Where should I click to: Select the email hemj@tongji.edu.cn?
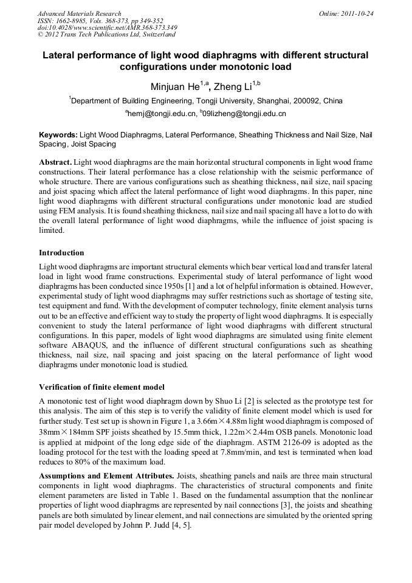(x=162, y=114)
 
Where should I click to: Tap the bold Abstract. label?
(x=56, y=163)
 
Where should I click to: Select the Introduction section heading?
(x=61, y=252)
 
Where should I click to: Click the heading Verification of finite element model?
(x=101, y=387)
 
